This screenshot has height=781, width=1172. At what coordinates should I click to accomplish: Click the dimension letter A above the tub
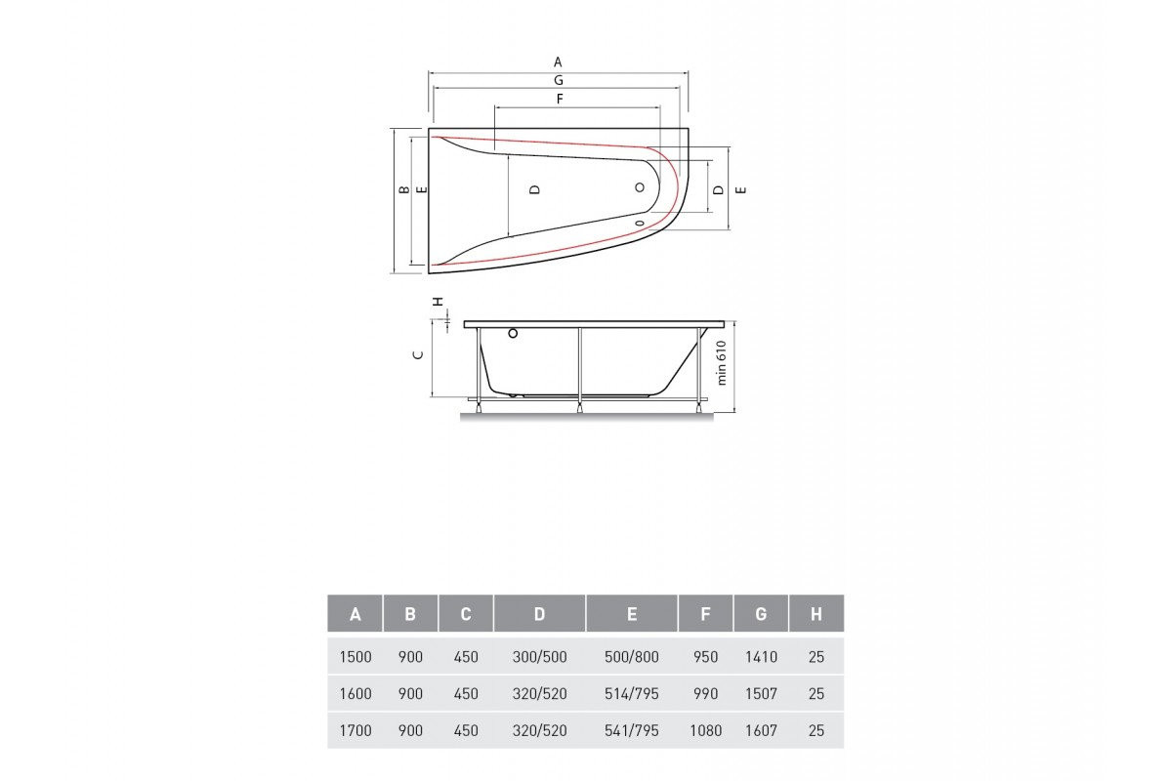[558, 62]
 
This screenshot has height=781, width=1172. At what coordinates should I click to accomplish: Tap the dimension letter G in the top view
[559, 81]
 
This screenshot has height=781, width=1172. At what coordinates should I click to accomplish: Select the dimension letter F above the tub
[560, 99]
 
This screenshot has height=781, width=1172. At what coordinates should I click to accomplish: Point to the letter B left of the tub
[404, 190]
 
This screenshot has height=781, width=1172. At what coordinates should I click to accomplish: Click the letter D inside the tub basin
[534, 189]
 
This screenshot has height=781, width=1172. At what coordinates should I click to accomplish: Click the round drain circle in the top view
[640, 187]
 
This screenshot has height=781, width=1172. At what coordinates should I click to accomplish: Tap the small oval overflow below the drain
[640, 224]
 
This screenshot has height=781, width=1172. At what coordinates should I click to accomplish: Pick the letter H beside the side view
[439, 302]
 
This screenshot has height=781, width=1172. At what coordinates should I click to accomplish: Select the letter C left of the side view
[418, 355]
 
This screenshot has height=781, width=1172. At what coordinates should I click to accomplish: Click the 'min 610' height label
[722, 363]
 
